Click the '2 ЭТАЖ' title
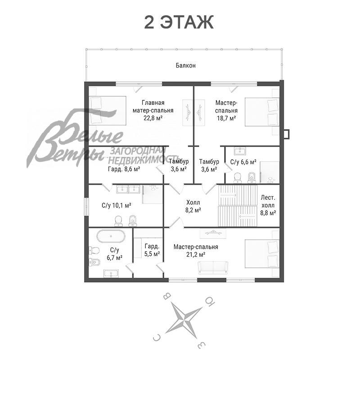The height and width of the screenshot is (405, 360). [x=179, y=22]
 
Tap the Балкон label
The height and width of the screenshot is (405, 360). [x=186, y=65]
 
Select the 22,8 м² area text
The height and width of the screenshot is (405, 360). [x=153, y=118]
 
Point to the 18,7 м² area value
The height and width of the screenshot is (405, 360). [x=226, y=118]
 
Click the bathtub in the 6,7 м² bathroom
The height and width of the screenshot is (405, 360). [x=111, y=236]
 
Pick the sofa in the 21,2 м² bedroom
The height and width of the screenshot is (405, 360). [x=213, y=268]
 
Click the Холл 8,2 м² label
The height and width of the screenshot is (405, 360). [x=193, y=207]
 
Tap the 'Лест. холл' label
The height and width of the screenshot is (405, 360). [x=268, y=202]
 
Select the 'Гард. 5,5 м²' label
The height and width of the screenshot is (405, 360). [x=152, y=250]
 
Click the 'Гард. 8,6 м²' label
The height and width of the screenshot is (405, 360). [x=124, y=169]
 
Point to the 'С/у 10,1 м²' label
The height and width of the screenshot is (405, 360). [x=116, y=206]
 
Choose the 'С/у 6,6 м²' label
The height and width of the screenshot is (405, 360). [x=243, y=162]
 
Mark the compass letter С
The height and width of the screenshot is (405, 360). [x=157, y=337]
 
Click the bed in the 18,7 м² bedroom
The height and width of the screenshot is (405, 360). [x=262, y=112]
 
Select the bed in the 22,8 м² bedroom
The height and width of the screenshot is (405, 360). [x=108, y=111]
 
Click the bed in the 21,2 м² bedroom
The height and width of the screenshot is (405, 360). [x=262, y=254]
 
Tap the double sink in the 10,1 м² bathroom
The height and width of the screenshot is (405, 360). [x=128, y=189]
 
